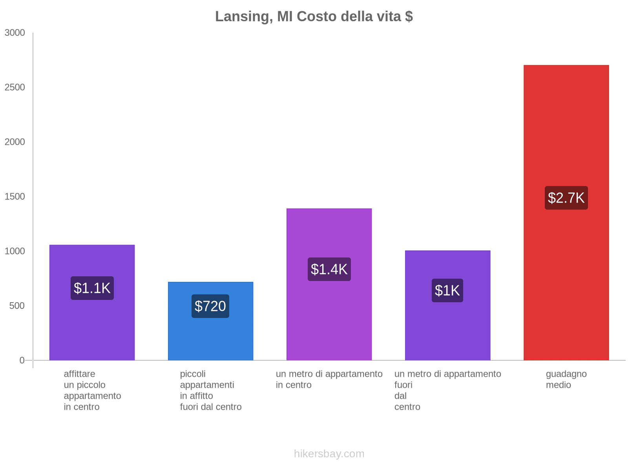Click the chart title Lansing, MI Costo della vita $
pyautogui.click(x=314, y=16)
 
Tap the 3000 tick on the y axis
pyautogui.click(x=15, y=33)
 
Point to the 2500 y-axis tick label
pyautogui.click(x=15, y=88)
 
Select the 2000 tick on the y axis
pyautogui.click(x=15, y=142)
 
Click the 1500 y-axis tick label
pyautogui.click(x=15, y=197)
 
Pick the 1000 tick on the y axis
pyautogui.click(x=15, y=251)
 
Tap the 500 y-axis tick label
pyautogui.click(x=17, y=306)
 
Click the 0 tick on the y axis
pyautogui.click(x=22, y=360)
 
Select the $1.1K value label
pyautogui.click(x=92, y=288)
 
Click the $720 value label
pyautogui.click(x=210, y=306)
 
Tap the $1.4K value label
pyautogui.click(x=329, y=269)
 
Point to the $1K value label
pyautogui.click(x=447, y=290)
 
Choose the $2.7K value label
pyautogui.click(x=566, y=198)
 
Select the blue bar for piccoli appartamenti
pyautogui.click(x=210, y=338)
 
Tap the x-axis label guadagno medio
pyautogui.click(x=566, y=380)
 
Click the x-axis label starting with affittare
pyautogui.click(x=92, y=390)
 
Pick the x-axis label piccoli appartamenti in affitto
pyautogui.click(x=210, y=390)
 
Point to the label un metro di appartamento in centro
pyautogui.click(x=329, y=380)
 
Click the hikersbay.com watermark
pyautogui.click(x=329, y=454)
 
